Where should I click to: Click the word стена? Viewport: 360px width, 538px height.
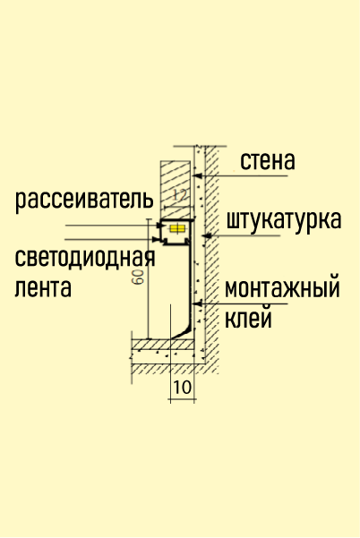coord(268,161)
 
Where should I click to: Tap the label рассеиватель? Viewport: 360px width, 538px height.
coord(84,201)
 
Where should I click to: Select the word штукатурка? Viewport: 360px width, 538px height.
coord(284,221)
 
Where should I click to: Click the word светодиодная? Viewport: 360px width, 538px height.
coord(85,258)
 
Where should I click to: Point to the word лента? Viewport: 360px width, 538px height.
coord(43,287)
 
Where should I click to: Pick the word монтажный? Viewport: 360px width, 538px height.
coord(282,287)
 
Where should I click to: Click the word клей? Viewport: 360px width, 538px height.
coord(248,319)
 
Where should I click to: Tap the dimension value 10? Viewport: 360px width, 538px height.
coord(183,388)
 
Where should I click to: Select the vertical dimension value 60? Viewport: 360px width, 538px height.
coord(139,277)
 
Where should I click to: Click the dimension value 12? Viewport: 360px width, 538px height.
coord(180,195)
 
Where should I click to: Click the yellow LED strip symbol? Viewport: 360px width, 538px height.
coord(177,229)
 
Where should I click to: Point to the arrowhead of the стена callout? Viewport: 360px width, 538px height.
coord(197,176)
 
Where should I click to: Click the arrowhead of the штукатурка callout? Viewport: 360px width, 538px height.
coord(206,236)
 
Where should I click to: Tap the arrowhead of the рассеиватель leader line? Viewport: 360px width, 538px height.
coord(159,226)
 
